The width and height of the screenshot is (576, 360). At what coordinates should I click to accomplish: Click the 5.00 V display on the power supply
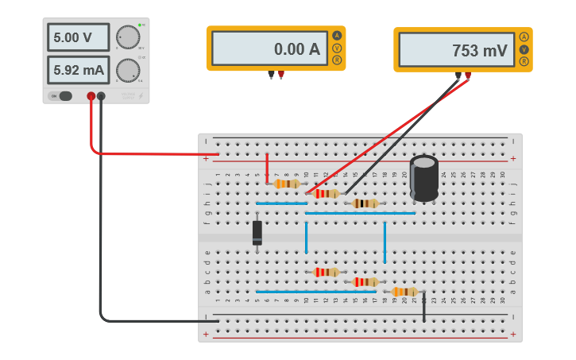79,37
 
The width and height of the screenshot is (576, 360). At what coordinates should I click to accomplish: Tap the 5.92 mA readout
79,70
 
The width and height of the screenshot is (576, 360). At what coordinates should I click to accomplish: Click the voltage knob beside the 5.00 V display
127,37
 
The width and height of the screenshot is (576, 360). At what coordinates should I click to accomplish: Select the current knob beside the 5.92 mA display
127,70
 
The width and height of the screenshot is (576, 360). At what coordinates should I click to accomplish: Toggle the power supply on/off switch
62,96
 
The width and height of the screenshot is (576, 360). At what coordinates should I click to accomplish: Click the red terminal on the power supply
91,96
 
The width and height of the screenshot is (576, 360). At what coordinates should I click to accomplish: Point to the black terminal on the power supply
101,96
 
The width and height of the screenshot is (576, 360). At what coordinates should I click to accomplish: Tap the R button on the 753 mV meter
524,62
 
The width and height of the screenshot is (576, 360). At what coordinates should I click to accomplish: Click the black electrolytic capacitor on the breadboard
424,178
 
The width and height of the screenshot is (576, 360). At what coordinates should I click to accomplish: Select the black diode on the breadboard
257,233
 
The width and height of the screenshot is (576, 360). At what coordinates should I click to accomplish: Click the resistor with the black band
365,203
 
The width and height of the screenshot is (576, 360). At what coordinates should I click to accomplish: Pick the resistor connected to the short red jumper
286,184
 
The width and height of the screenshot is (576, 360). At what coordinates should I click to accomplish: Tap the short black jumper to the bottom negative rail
423,307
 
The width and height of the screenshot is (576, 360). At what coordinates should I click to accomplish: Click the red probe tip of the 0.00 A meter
281,76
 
